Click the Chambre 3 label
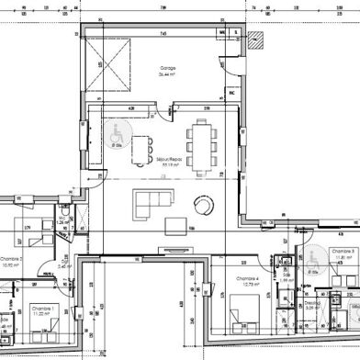pyautogui.click(x=343, y=251)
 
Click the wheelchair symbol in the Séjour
pyautogui.click(x=117, y=136)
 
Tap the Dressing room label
pyautogui.click(x=312, y=302)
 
